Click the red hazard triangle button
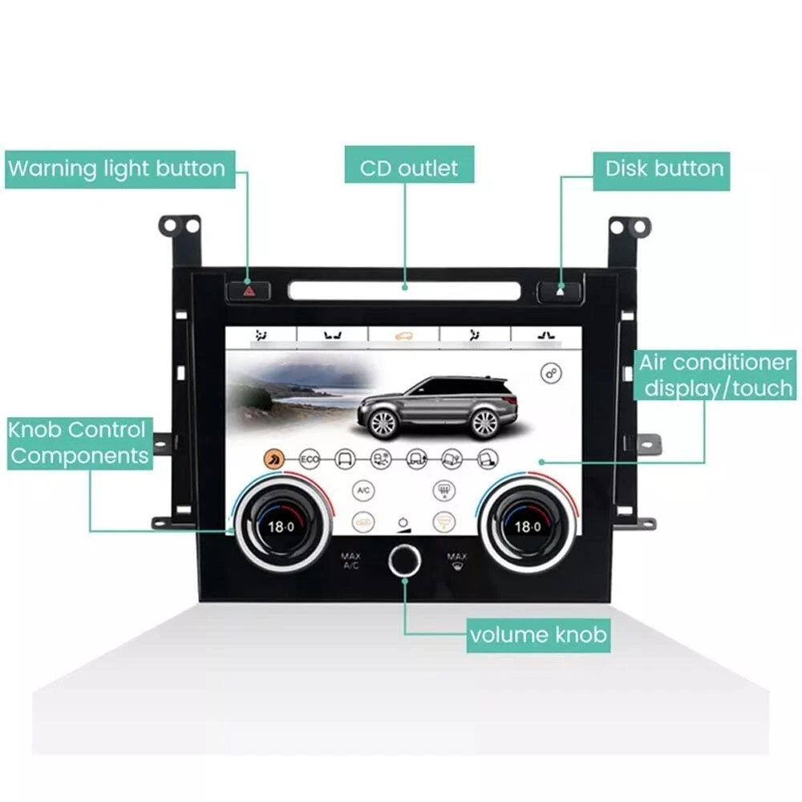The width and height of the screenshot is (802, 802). point(249,290)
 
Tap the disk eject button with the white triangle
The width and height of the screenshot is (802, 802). point(559,290)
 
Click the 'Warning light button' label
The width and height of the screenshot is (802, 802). point(116,169)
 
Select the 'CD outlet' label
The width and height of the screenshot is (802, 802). point(409,168)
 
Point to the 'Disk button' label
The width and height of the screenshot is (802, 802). point(664,168)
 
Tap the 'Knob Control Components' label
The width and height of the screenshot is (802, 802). point(78,442)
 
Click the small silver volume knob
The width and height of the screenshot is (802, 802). point(403,561)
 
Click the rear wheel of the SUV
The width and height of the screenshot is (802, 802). point(484,421)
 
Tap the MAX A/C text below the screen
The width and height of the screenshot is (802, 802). point(350,561)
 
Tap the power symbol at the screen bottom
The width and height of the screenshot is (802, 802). point(403,522)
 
